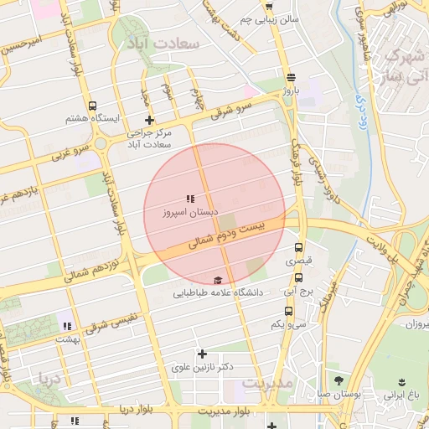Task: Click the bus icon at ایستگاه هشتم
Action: click(x=92, y=107)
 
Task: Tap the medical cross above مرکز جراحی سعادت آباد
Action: click(x=149, y=121)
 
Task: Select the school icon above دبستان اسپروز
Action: click(x=190, y=199)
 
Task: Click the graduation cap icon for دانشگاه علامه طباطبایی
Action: click(x=218, y=280)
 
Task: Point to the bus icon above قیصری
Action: click(x=299, y=247)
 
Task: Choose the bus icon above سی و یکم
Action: click(x=288, y=311)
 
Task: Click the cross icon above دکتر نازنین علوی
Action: click(x=201, y=354)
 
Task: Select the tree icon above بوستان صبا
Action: click(x=338, y=380)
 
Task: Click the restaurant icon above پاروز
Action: click(x=291, y=75)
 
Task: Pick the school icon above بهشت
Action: click(x=66, y=326)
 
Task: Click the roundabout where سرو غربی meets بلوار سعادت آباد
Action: click(x=101, y=143)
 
